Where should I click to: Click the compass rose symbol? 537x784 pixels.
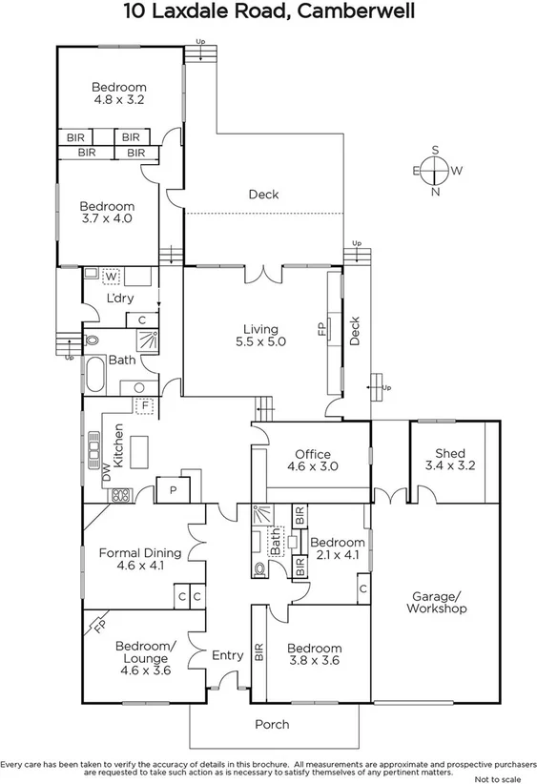(x=436, y=171)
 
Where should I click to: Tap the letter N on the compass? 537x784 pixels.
(x=436, y=192)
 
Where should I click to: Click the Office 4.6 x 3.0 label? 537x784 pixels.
(x=312, y=460)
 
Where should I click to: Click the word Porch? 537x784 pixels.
(x=271, y=725)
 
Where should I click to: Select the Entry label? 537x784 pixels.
(x=227, y=655)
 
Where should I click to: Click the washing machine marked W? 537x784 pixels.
(x=112, y=277)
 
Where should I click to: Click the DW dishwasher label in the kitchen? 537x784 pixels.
(x=107, y=470)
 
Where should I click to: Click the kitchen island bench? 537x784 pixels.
(x=139, y=451)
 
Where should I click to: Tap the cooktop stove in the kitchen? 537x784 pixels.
(x=121, y=495)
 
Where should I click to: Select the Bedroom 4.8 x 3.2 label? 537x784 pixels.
(x=119, y=93)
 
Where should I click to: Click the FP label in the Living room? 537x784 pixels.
(x=321, y=329)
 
